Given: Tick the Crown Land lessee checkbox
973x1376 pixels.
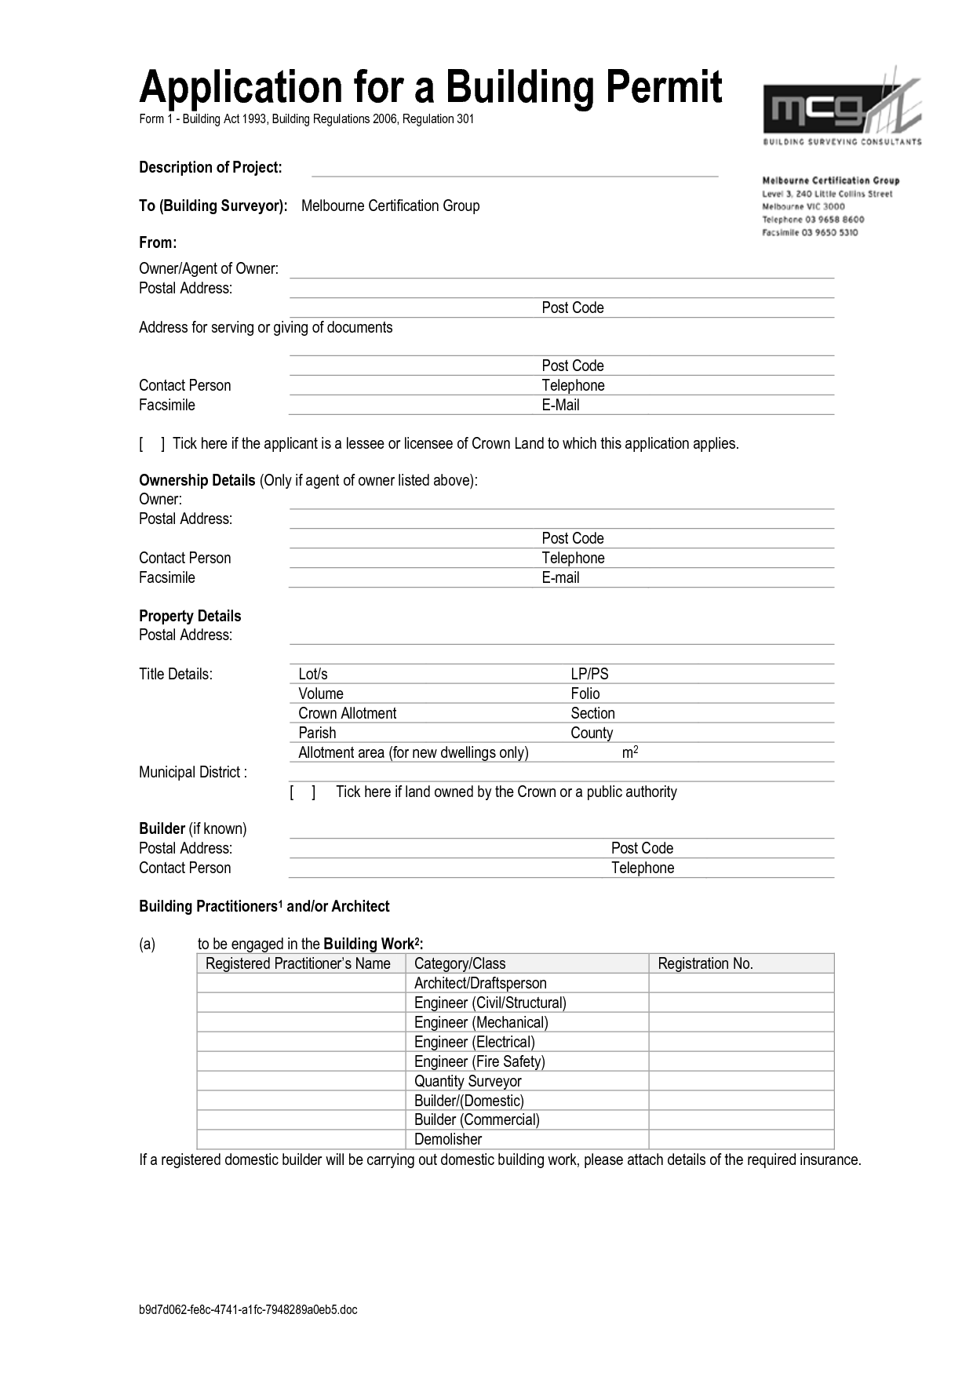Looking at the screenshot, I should (x=152, y=444).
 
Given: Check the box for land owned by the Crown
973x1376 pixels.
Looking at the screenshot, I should (x=302, y=792).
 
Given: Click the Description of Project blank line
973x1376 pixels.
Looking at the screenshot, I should (x=515, y=171).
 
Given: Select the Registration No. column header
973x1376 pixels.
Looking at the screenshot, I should (x=705, y=963).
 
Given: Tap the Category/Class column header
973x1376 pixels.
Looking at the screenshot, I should (x=460, y=963).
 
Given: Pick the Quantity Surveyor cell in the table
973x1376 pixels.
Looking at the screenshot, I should (x=468, y=1081).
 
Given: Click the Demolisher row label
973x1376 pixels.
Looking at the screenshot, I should (x=448, y=1139).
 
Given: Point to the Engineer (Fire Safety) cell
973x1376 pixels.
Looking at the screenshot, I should (x=479, y=1061).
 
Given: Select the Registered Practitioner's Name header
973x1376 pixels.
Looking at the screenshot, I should (x=298, y=963).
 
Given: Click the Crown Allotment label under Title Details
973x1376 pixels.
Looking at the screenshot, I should (x=348, y=713).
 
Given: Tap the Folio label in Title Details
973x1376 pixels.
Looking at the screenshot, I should (x=585, y=693).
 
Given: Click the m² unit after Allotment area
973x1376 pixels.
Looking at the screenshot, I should (x=630, y=752).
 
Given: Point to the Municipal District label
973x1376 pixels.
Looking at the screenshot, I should (x=193, y=772).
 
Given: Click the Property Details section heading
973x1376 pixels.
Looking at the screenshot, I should (x=190, y=616).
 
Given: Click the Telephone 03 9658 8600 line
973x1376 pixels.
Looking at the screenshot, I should (x=813, y=220).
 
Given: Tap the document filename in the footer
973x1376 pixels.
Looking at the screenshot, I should (x=248, y=1309).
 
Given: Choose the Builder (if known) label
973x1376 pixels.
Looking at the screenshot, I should (x=193, y=828).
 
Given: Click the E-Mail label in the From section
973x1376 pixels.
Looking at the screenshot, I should (x=560, y=405).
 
